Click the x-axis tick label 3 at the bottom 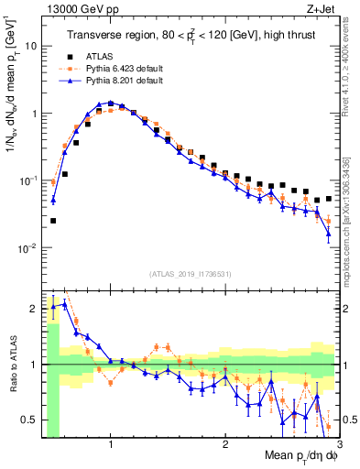click(x=338, y=442)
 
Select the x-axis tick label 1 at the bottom click(x=111, y=442)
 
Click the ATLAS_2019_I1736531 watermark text click(x=191, y=274)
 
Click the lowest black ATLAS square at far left click(x=53, y=221)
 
